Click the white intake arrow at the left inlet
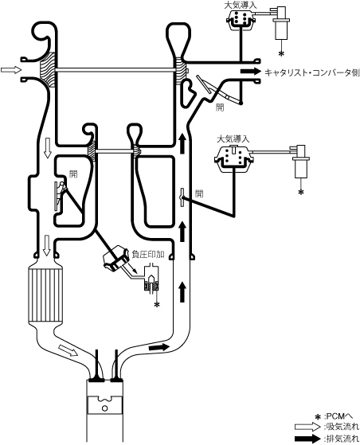click(11, 69)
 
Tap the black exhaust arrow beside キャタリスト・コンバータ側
click(250, 71)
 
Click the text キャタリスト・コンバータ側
click(312, 73)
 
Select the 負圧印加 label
click(148, 254)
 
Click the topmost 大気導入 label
click(241, 6)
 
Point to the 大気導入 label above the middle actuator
click(233, 139)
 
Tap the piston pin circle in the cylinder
click(104, 408)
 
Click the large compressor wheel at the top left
click(49, 70)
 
